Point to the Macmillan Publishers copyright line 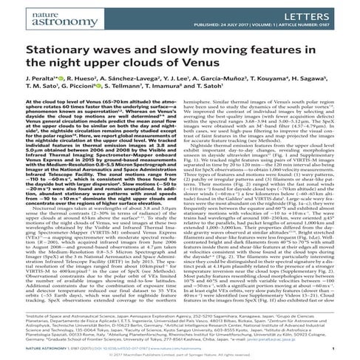click(180, 355)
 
